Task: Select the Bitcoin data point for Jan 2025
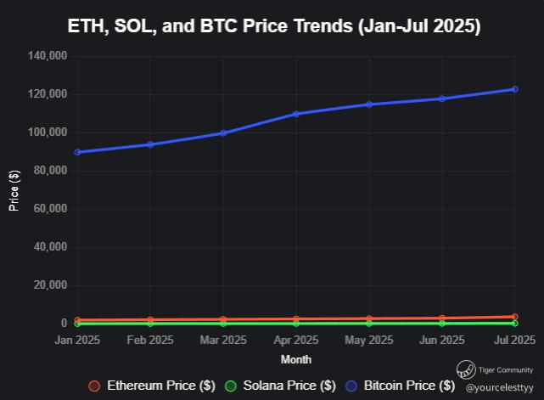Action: click(77, 152)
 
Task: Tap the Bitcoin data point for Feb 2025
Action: click(150, 144)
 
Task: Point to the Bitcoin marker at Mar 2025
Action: click(223, 132)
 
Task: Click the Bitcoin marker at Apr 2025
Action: click(296, 114)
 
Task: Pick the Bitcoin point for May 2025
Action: click(368, 104)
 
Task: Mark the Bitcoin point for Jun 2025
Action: click(441, 99)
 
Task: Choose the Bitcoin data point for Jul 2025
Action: click(514, 89)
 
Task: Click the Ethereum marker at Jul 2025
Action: click(514, 317)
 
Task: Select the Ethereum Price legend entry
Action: click(153, 386)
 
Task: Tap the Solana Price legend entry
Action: click(279, 386)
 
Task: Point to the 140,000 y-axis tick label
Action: click(48, 56)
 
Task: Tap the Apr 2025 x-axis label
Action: click(295, 341)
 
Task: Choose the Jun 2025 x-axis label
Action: click(441, 341)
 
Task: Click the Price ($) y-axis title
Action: click(14, 189)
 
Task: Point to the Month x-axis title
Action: click(295, 360)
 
